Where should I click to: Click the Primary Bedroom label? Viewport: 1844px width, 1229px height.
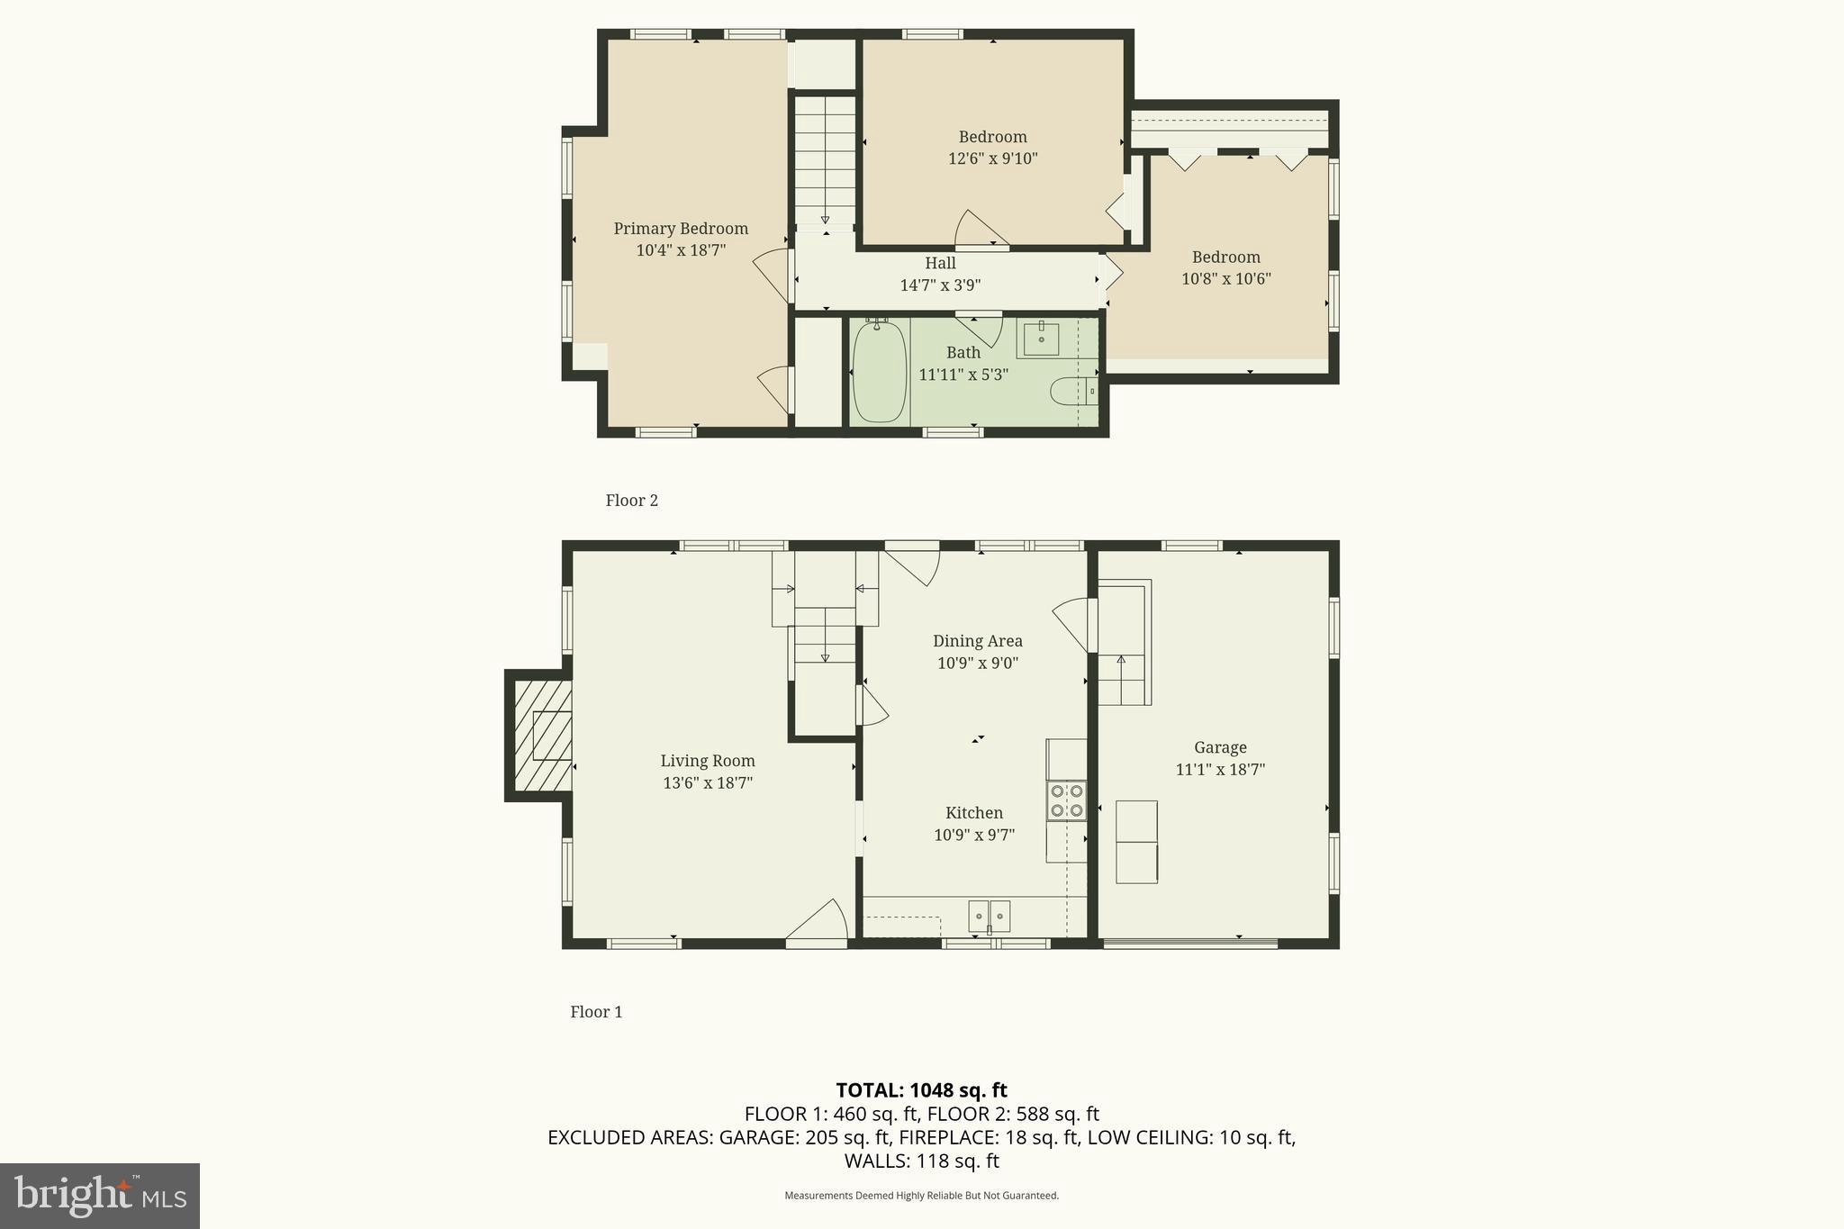coord(681,229)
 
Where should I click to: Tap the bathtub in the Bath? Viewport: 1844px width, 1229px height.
coord(879,372)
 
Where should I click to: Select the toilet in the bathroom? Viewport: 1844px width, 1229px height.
coord(1072,392)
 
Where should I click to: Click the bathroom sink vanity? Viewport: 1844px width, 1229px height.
coord(1041,339)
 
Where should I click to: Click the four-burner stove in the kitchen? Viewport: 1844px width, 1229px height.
coord(1066,800)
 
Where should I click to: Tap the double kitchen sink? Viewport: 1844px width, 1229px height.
coord(989,916)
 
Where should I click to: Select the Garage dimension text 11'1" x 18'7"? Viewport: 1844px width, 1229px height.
coord(1220,770)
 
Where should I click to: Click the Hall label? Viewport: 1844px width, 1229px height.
coord(940,263)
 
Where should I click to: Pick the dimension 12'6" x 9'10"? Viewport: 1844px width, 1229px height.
coord(992,159)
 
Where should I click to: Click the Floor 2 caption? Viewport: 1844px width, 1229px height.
coord(631,501)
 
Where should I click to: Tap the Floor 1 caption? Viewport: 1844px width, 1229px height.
coord(596,1012)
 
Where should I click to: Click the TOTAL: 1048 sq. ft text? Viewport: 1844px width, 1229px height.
coord(921,1090)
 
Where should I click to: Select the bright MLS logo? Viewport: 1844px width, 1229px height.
coord(100,1196)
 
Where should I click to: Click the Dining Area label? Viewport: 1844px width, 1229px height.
coord(977,641)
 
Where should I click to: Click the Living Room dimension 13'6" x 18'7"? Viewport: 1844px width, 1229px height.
coord(708,783)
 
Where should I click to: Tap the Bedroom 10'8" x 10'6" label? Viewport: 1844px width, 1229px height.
coord(1225,258)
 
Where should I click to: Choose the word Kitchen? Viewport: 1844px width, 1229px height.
coord(973,813)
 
